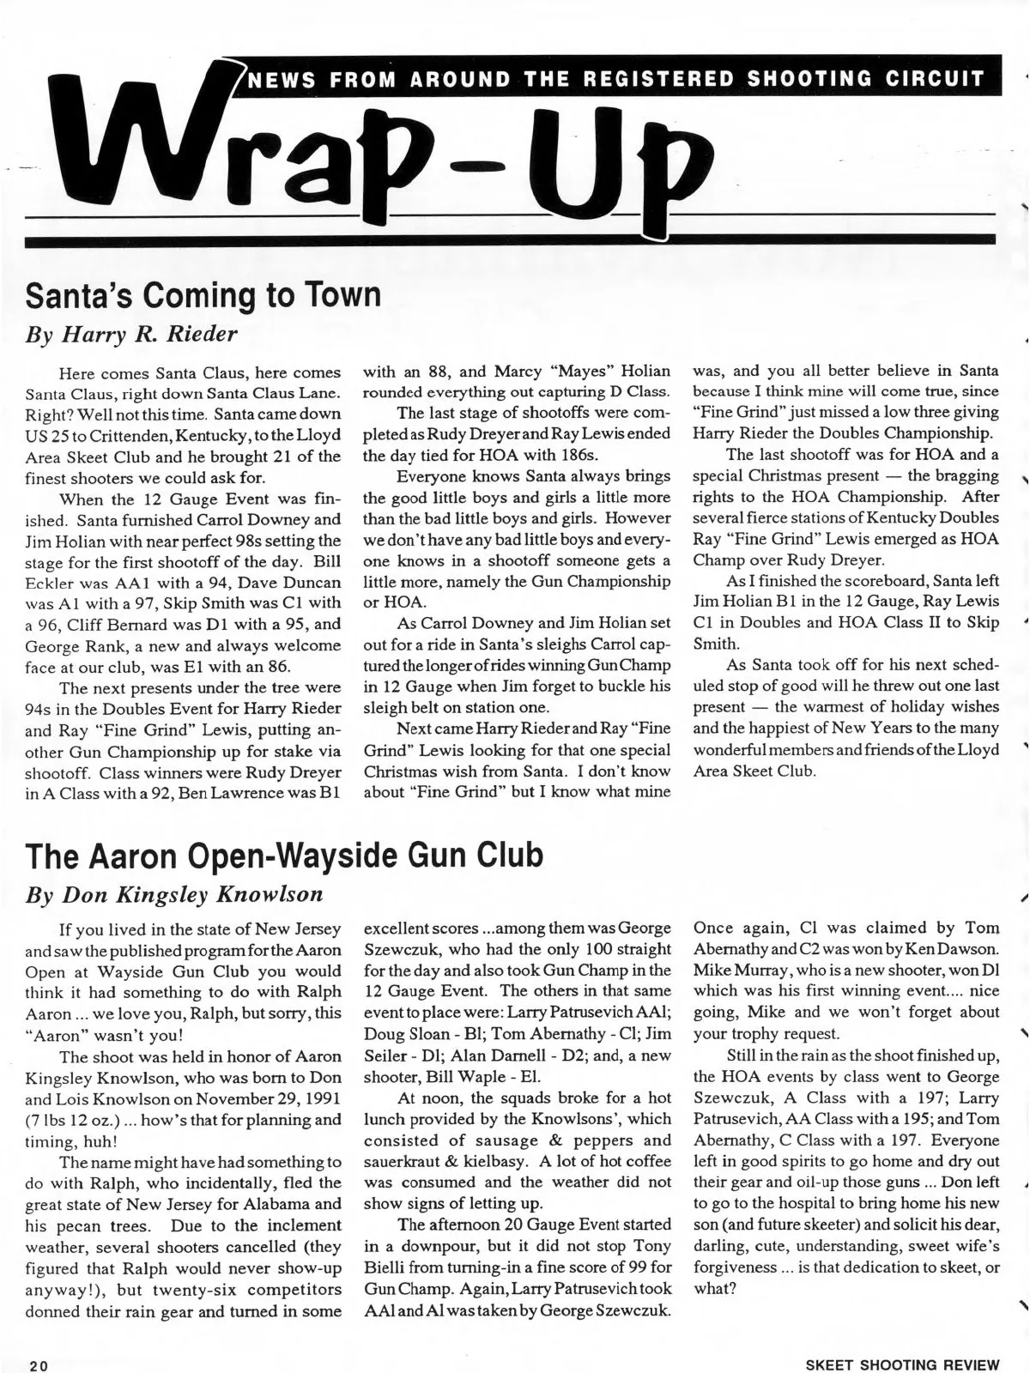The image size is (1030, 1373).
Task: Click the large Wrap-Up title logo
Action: tap(378, 154)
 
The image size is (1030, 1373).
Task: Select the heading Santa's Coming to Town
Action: tap(203, 294)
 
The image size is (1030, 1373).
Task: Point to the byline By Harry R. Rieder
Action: tap(132, 334)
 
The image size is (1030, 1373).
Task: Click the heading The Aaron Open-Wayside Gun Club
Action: tap(284, 855)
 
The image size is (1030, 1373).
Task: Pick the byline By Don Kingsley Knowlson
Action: tap(175, 894)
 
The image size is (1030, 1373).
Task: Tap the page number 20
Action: tap(38, 1364)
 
